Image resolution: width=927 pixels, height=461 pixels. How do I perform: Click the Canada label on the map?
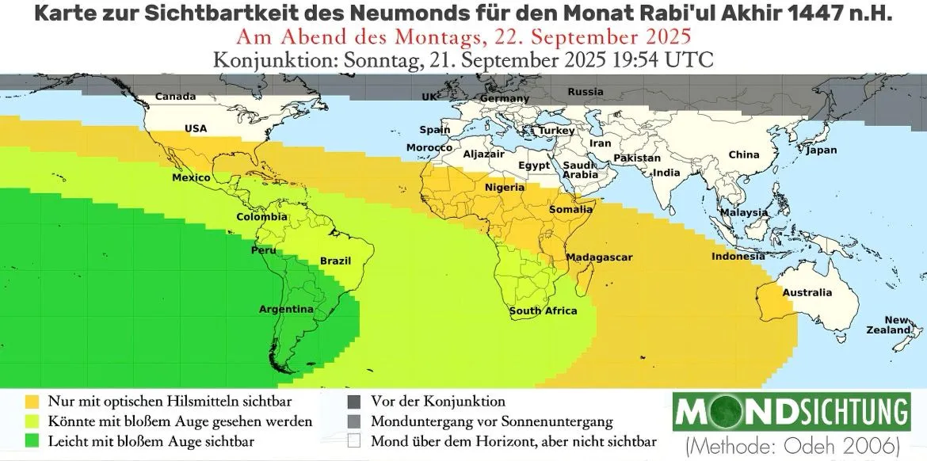click(x=175, y=97)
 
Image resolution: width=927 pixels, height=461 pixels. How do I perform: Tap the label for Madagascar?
click(x=598, y=258)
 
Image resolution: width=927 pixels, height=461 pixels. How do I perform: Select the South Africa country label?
click(x=543, y=311)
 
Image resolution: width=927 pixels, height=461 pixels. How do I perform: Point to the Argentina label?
click(x=286, y=309)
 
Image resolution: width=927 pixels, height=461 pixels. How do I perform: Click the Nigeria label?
click(x=504, y=188)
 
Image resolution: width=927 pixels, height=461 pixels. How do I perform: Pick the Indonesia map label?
click(x=738, y=257)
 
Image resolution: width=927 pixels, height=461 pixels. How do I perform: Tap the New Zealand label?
click(x=898, y=325)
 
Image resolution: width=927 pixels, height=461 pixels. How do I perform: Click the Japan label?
click(x=821, y=150)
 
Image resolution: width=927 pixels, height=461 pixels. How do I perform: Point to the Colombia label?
click(x=261, y=217)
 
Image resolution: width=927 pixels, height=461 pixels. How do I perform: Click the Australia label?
click(x=807, y=293)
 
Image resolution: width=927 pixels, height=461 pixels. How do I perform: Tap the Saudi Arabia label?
click(x=580, y=170)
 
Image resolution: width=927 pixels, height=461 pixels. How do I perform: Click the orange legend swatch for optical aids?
click(x=32, y=402)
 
